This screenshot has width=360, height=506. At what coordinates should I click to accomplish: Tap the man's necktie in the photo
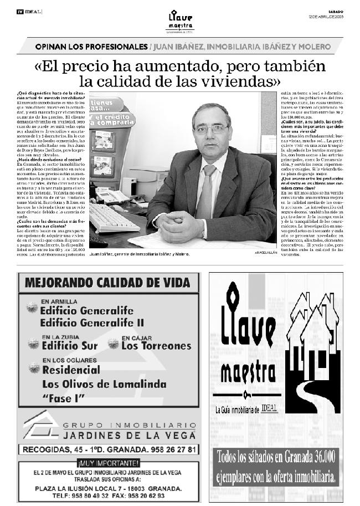point(206,191)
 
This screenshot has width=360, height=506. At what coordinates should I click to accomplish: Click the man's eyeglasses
point(211,129)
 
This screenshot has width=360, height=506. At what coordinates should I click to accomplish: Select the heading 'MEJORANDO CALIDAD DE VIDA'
point(108,283)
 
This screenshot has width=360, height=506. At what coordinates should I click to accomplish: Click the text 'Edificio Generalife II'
point(92,323)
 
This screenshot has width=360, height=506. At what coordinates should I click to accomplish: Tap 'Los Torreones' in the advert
point(156,346)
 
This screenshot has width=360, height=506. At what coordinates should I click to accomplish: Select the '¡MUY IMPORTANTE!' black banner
point(109,463)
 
